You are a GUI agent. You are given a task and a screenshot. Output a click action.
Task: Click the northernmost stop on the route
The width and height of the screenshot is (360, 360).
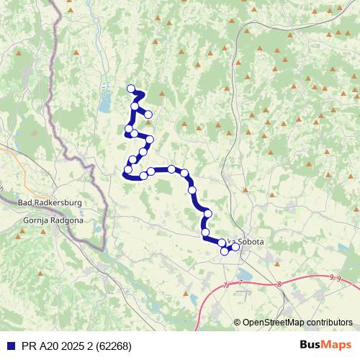[x=131, y=89]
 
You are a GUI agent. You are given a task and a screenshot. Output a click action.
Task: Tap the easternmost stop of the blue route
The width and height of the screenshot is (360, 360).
[x=235, y=247]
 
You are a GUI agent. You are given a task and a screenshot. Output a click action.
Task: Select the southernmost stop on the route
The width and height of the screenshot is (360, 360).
[x=225, y=251]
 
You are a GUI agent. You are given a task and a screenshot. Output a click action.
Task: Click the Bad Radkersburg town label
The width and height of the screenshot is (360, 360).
[x=49, y=203]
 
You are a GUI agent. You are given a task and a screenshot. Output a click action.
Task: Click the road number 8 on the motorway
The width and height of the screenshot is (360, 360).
[x=279, y=284]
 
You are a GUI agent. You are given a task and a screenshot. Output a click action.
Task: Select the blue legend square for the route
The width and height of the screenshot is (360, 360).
[x=9, y=345]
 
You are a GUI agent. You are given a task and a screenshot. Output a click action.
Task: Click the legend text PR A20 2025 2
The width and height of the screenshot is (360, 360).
[x=60, y=345]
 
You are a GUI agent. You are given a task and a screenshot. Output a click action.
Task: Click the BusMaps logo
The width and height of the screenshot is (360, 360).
[x=326, y=344]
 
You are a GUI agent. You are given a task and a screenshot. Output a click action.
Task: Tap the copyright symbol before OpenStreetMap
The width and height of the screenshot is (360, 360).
[x=237, y=323]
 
